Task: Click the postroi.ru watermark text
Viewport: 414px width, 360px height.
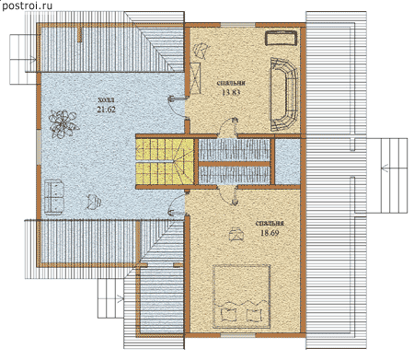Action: [27, 6]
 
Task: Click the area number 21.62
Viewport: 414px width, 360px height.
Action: [107, 110]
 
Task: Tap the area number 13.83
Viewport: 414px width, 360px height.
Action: [231, 92]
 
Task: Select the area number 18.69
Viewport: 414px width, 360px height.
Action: [270, 233]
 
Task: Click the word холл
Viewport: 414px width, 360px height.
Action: [107, 99]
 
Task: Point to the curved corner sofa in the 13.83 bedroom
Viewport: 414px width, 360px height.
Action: [283, 94]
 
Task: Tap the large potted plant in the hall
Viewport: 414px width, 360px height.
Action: [63, 123]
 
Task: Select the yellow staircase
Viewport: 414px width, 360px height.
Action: [165, 162]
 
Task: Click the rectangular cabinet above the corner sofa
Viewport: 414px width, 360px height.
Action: [282, 39]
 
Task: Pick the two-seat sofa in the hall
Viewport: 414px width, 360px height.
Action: [54, 197]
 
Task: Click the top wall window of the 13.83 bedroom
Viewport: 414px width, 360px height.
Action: [238, 25]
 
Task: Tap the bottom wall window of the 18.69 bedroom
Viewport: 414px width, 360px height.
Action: [238, 335]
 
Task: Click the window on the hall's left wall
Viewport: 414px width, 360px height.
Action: [39, 146]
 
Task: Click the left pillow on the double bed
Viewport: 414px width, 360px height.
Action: [227, 314]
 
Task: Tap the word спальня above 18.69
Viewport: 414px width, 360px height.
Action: [270, 224]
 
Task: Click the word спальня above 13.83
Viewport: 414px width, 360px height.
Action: [231, 83]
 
